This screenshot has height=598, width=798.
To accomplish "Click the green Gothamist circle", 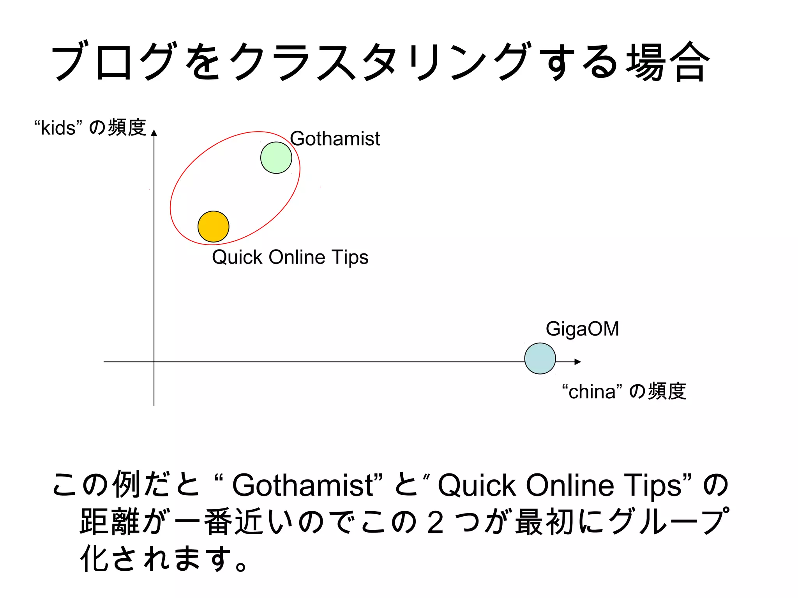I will click(276, 158).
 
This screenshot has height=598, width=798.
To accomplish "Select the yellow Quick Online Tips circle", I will click(214, 227).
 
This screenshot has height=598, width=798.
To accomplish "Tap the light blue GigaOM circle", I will click(540, 359).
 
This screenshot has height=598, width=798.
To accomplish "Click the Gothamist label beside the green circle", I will click(335, 139).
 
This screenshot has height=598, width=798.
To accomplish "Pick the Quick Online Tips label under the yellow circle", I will click(290, 257).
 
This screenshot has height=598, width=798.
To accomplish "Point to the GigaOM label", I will click(582, 329).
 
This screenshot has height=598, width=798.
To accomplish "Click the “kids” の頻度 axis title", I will click(90, 128).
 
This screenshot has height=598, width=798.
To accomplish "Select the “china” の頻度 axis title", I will click(624, 391).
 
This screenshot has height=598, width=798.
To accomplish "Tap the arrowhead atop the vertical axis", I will click(154, 133).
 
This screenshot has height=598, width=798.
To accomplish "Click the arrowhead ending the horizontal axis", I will click(578, 362).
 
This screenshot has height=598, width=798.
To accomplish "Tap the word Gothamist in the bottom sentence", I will click(303, 485).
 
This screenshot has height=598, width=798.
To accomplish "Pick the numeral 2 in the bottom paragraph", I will click(435, 522).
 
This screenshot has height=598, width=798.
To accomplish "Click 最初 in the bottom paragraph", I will click(545, 522).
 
